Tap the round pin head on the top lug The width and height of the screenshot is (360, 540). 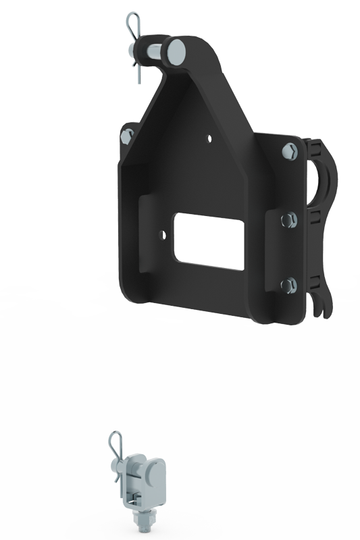click(177, 50)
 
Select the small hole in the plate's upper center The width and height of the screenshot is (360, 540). click(209, 139)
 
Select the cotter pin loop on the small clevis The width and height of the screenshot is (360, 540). click(114, 448)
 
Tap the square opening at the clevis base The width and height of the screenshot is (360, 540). click(134, 500)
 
